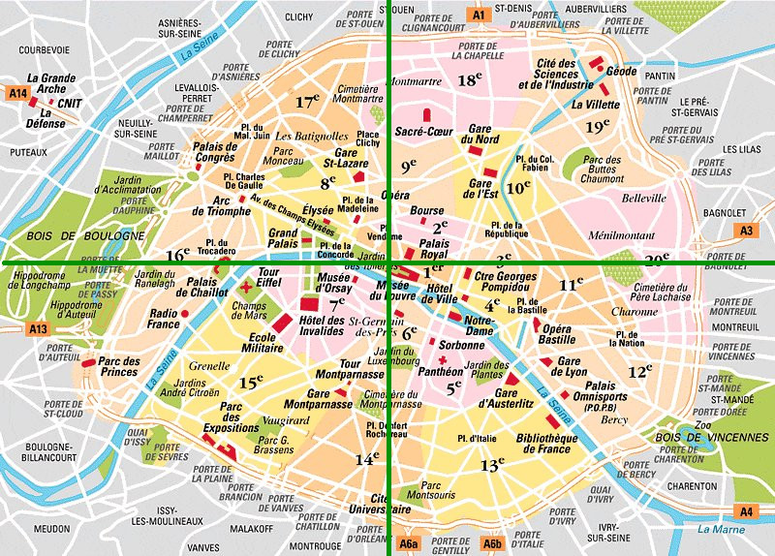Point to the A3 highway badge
(x=746, y=231)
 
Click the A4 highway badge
(x=746, y=510)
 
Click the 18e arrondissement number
(x=470, y=80)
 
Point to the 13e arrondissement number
(x=492, y=466)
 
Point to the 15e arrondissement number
(x=251, y=383)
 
